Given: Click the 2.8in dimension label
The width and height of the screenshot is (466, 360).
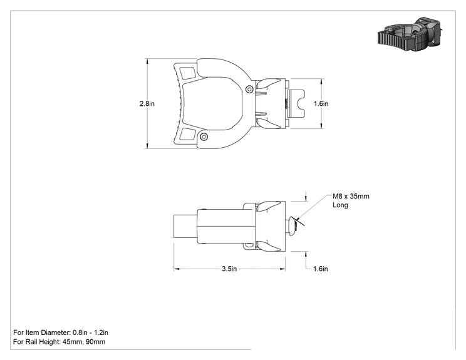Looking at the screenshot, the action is [x=147, y=104].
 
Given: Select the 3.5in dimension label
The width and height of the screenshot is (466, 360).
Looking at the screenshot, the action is [x=229, y=269].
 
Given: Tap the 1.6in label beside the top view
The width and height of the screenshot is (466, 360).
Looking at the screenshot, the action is [x=321, y=104].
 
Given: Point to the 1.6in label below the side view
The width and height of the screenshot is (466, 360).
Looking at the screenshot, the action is [x=321, y=269].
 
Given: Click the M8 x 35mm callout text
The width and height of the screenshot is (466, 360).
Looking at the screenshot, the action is [x=351, y=197].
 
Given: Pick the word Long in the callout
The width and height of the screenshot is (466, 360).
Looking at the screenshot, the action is [x=340, y=205].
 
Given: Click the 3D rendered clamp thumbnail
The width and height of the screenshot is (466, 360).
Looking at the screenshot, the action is [x=409, y=34].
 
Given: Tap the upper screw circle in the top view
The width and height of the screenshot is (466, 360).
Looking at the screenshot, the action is [x=250, y=89].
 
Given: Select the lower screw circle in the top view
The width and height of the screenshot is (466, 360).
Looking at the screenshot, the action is [x=204, y=136].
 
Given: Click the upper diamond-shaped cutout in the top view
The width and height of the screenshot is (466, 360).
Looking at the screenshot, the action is [x=187, y=73].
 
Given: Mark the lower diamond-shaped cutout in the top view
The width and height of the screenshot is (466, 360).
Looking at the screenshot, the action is [x=187, y=134].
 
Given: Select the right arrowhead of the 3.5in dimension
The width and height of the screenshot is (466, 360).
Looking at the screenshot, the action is [x=282, y=269].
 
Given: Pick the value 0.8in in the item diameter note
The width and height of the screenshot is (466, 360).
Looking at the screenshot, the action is [x=80, y=332].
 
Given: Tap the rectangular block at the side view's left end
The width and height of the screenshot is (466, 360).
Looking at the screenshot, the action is [x=185, y=226].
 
